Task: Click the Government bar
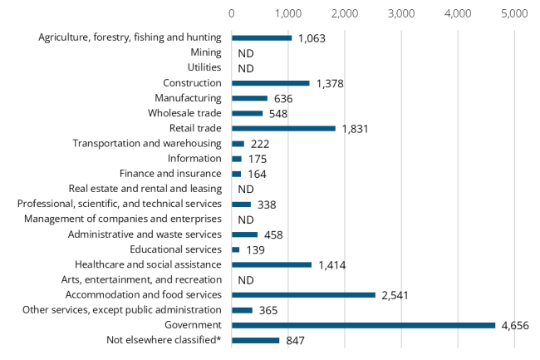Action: coord(363,325)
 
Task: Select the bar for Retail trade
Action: coord(283,128)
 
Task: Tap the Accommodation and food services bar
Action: coord(303,294)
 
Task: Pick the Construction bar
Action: coord(270,83)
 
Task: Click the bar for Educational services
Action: coord(235,249)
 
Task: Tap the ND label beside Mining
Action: coord(245,53)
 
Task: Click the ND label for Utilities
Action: coord(245,68)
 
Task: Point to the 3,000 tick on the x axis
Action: coord(401,14)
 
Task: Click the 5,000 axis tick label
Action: coord(514,14)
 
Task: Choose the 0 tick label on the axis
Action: coord(232,14)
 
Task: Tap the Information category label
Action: coord(194,158)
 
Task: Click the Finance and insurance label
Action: coord(170,174)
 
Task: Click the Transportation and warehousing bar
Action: coord(238,144)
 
